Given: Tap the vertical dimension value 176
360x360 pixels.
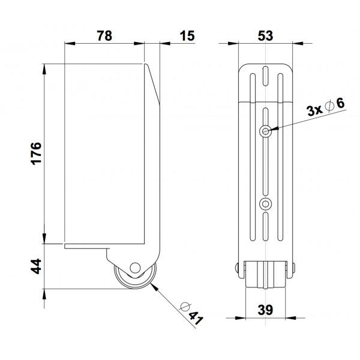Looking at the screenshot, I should (34, 154).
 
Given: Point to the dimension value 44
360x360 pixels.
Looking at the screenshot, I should (34, 266).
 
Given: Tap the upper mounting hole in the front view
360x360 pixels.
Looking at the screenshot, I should (265, 130).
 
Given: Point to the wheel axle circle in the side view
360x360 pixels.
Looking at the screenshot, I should (135, 268).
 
